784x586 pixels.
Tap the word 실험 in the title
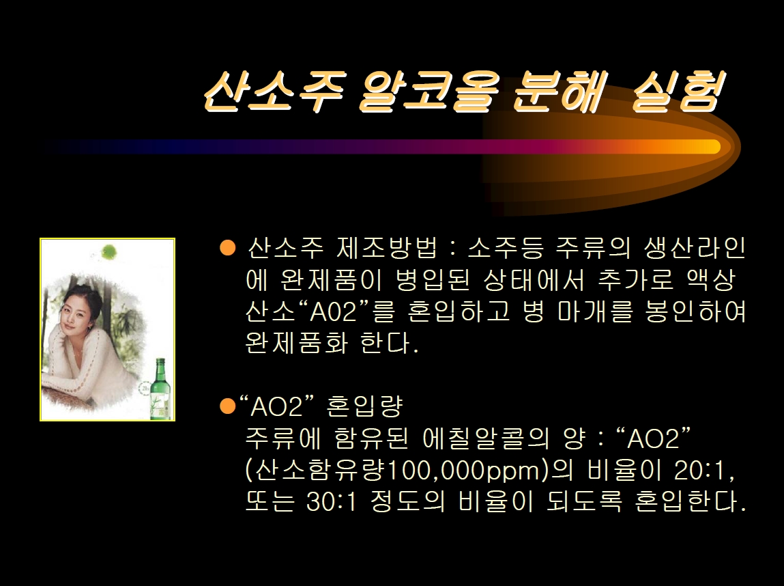[678, 90]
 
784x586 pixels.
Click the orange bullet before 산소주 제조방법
[227, 247]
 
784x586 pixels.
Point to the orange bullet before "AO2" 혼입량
[227, 406]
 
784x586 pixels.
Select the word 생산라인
[695, 247]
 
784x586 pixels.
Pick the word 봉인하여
[695, 311]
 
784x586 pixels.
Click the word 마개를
[595, 311]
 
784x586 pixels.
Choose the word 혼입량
[364, 406]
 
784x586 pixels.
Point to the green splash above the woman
[108, 251]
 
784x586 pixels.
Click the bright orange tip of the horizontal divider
[710, 147]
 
